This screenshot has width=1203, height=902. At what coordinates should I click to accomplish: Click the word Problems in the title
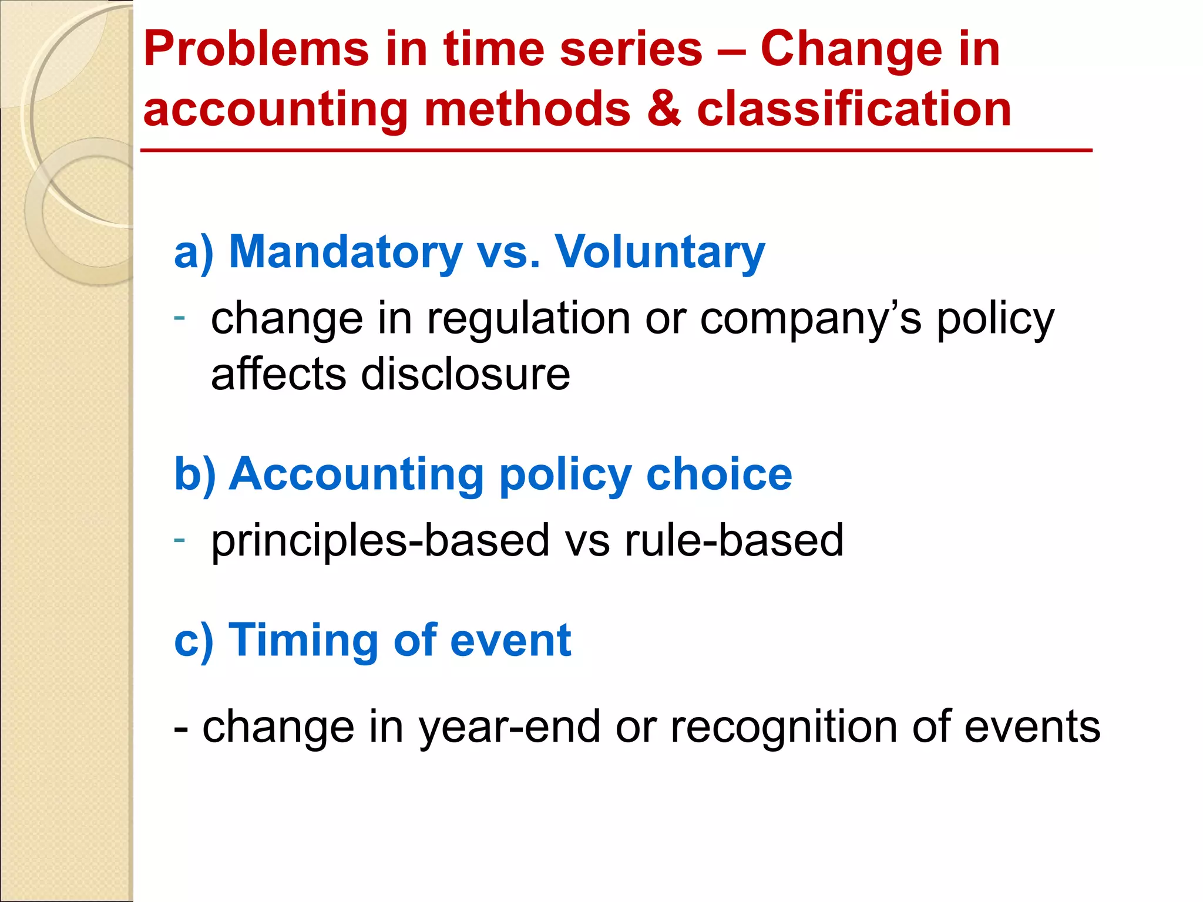[256, 49]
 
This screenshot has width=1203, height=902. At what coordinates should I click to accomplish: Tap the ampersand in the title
[664, 109]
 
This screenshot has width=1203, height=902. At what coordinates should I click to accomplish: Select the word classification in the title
[854, 109]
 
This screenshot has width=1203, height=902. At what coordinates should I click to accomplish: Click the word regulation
[528, 319]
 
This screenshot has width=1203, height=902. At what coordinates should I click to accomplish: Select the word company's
[811, 320]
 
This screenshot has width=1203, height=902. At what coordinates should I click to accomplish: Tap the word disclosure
[465, 375]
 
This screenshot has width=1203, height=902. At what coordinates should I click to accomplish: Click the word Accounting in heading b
[356, 474]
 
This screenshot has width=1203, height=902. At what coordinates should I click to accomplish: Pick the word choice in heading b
[719, 474]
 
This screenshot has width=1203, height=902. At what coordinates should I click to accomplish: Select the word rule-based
[734, 540]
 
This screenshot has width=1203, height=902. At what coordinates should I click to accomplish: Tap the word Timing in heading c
[303, 641]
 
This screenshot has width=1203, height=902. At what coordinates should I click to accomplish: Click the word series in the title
[631, 49]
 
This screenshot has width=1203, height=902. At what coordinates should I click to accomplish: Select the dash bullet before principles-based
[180, 538]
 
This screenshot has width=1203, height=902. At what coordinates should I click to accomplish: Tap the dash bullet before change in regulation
[180, 317]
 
